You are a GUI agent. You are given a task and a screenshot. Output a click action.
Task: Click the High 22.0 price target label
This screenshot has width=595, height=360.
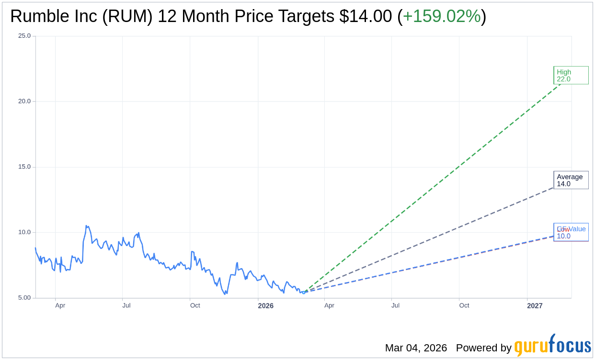point(571,75)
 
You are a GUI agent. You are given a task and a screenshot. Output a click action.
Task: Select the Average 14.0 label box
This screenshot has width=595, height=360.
point(571,180)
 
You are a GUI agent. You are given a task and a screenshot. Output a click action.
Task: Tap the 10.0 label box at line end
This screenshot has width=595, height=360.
point(571,232)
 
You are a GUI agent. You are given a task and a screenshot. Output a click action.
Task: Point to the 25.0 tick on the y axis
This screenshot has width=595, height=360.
point(24,36)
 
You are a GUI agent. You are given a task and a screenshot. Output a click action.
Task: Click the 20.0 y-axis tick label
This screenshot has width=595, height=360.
point(24,101)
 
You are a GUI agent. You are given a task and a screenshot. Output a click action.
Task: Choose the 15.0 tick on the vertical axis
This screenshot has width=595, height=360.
point(24,167)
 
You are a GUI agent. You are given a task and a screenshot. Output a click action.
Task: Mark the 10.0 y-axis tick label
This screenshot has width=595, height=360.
point(24,233)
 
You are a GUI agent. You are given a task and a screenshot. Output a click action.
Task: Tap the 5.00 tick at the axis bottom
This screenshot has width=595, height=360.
point(23,298)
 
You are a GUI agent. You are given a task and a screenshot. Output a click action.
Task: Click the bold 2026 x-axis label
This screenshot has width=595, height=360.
point(265,305)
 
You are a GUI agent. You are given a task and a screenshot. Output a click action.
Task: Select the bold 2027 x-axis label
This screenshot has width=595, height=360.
point(535,305)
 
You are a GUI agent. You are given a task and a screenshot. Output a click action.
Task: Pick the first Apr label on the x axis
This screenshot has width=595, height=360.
point(60,305)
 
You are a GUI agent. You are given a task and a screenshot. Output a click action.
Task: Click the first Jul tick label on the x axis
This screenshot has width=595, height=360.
point(126,305)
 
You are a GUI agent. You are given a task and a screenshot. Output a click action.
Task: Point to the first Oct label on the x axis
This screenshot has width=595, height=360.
point(195,305)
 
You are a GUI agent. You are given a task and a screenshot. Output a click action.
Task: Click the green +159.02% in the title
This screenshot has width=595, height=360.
point(441,17)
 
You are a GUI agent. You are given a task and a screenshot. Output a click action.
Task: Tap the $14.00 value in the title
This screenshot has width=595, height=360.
point(365,17)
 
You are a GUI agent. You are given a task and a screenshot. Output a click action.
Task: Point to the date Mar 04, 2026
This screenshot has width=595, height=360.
point(416,348)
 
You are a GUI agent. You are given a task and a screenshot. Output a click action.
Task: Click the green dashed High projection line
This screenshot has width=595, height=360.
point(431,187)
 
